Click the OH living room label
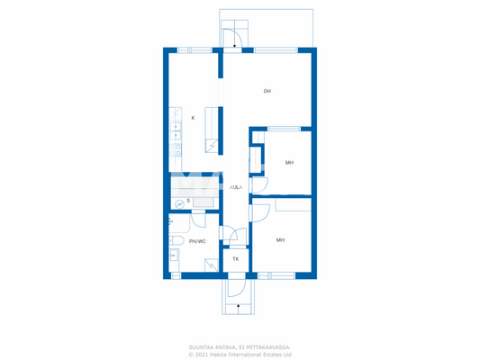(267, 91)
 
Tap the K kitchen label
(193, 118)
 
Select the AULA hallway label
(236, 187)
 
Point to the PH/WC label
(197, 241)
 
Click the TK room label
(236, 259)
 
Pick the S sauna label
(188, 200)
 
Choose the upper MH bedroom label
(289, 163)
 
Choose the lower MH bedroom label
(281, 240)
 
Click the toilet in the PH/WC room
(177, 241)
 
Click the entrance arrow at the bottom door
(237, 307)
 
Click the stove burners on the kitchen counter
(177, 148)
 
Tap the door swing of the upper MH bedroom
(259, 184)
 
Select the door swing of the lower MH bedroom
(260, 212)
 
